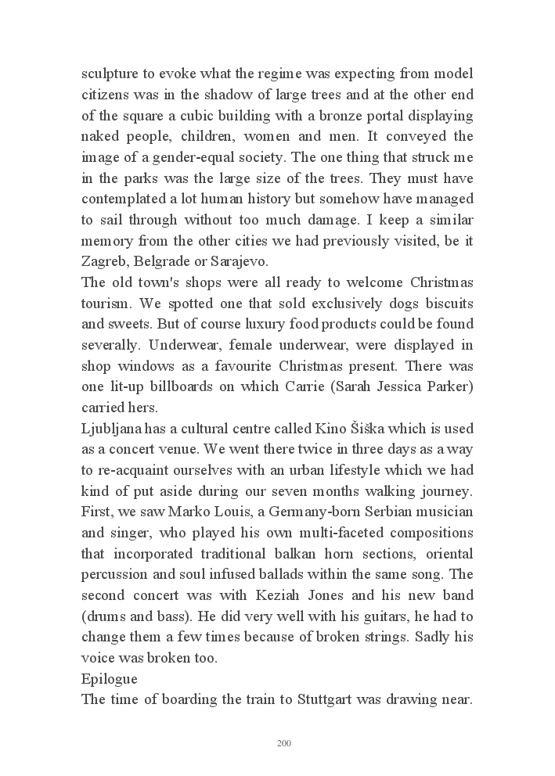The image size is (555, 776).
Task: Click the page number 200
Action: [x=284, y=742]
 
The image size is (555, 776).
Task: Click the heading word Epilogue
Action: [x=109, y=678]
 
